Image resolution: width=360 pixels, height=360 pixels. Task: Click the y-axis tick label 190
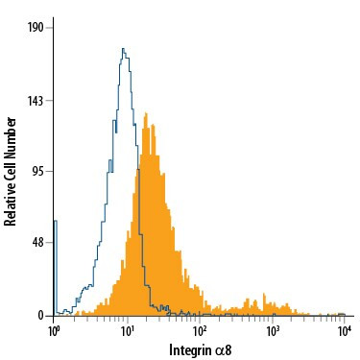pyautogui.click(x=36, y=28)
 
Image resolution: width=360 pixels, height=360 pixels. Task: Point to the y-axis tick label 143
pyautogui.click(x=36, y=100)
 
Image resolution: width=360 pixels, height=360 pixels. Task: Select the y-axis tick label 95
pyautogui.click(x=39, y=172)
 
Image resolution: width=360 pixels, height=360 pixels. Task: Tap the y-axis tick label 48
pyautogui.click(x=39, y=243)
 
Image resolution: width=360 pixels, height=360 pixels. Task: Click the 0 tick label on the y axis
pyautogui.click(x=42, y=315)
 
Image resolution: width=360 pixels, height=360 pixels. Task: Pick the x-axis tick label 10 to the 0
pyautogui.click(x=55, y=330)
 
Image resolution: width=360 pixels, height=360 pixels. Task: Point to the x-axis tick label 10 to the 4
pyautogui.click(x=345, y=330)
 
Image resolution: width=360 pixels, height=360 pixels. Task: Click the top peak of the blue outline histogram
pyautogui.click(x=124, y=49)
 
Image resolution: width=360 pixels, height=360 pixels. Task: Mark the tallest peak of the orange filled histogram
pyautogui.click(x=144, y=114)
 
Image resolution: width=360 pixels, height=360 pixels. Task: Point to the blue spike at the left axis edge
pyautogui.click(x=56, y=223)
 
